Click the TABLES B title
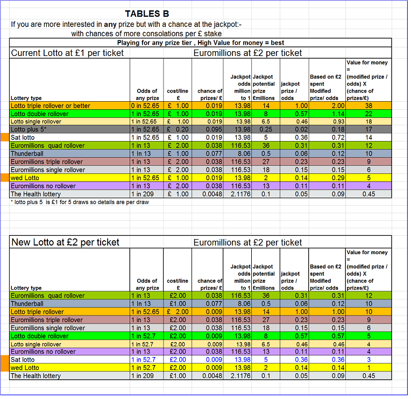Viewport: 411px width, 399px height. click(147, 13)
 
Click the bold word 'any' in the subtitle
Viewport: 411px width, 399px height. click(110, 25)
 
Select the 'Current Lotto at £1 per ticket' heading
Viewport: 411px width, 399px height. click(67, 53)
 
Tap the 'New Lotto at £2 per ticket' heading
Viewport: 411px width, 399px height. click(65, 242)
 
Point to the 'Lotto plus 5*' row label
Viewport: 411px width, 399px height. click(29, 129)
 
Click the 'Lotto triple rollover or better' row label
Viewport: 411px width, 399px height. click(51, 106)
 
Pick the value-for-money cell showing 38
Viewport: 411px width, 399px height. click(369, 106)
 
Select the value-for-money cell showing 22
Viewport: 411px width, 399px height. click(369, 114)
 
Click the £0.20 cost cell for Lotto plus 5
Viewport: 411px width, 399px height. click(178, 129)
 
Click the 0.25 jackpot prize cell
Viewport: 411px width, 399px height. click(266, 129)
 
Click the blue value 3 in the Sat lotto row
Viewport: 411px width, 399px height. click(369, 360)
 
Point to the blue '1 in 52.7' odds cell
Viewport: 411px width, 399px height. click(144, 360)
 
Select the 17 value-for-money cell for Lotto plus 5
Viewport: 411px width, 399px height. click(369, 129)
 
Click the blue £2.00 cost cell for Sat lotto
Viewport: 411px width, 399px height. click(178, 360)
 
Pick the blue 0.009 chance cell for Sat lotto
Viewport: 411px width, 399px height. click(214, 360)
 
